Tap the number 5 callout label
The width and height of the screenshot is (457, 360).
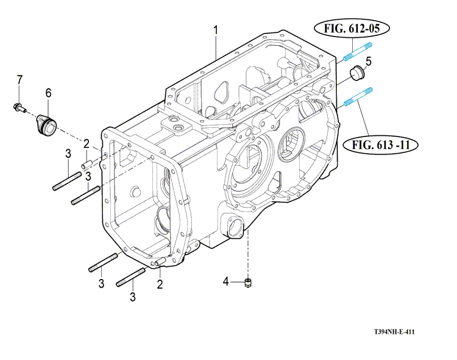point(369,62)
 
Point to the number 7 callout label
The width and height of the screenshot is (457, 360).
point(19,80)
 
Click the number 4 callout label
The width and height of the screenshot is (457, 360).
point(225,281)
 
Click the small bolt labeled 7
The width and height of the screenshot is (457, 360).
point(18,108)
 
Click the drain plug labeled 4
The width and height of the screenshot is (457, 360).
point(247,281)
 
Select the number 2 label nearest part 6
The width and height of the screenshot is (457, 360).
point(87,143)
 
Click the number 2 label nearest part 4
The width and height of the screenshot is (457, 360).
point(160,284)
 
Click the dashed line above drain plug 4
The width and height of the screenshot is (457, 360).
point(247,256)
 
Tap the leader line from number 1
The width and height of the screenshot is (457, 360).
point(216,46)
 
